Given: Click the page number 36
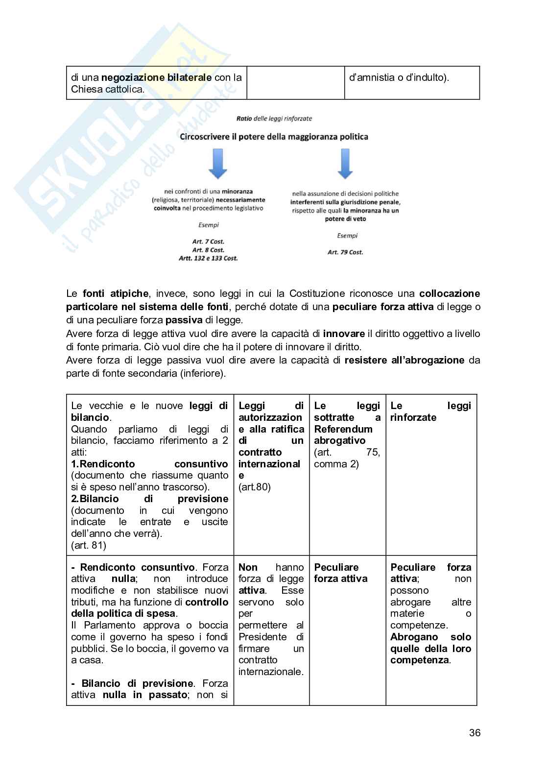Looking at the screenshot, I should click(475, 732).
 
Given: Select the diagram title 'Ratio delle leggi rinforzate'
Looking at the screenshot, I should click(274, 119).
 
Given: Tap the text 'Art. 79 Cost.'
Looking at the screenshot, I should click(345, 252).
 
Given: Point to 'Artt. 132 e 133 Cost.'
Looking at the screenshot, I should click(208, 258).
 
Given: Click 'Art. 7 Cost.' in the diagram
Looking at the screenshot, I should click(208, 242).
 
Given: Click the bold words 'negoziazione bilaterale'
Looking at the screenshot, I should click(156, 77).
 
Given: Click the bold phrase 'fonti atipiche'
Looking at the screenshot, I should click(116, 293).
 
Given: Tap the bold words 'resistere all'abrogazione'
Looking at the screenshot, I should click(404, 360).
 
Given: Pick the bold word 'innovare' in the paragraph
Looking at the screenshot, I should click(344, 334).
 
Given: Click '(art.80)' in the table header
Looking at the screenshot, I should click(254, 487).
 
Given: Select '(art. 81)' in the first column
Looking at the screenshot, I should click(89, 545).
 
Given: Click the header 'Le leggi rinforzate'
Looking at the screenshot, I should click(430, 411).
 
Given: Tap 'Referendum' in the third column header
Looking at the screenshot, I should click(343, 429).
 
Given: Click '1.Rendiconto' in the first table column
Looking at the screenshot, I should click(103, 464).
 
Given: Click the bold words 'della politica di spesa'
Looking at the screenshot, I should click(124, 613).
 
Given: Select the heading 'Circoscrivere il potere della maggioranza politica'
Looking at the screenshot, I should click(274, 137).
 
